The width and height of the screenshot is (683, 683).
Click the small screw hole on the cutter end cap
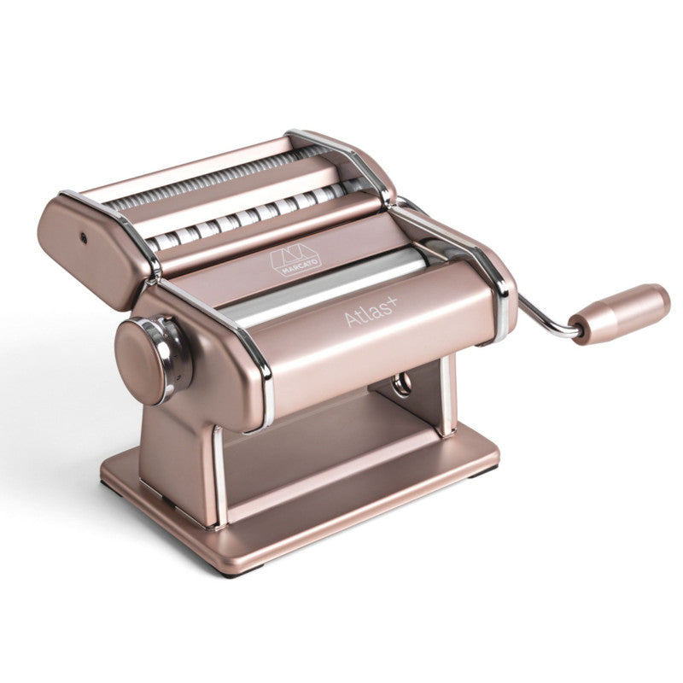point(83,238)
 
